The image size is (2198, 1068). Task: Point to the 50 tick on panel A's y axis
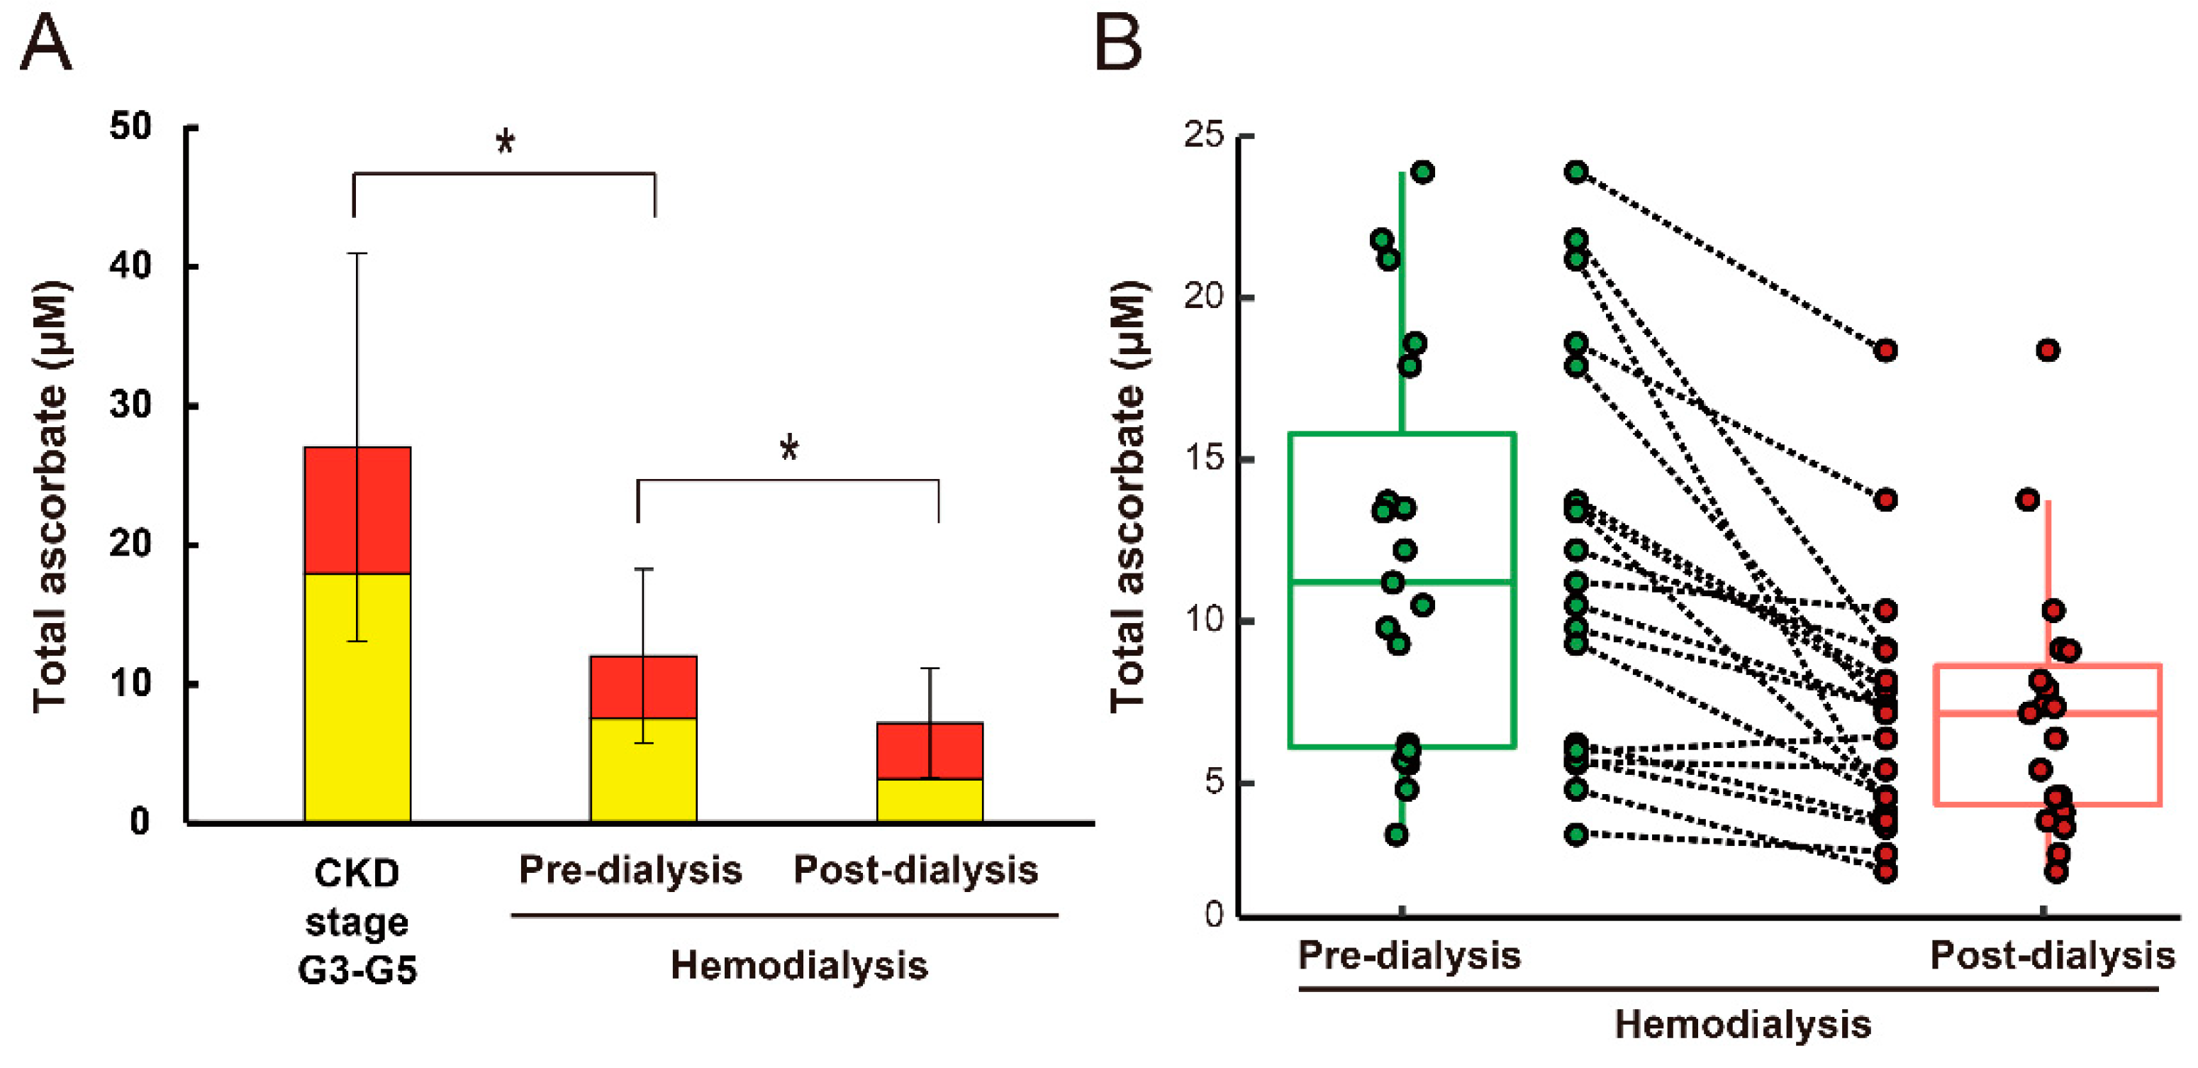coord(130,126)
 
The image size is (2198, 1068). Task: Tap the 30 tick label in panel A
coord(130,404)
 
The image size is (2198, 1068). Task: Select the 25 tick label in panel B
coord(1204,135)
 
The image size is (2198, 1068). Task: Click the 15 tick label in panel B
coord(1204,458)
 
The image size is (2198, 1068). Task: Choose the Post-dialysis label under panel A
coord(915,870)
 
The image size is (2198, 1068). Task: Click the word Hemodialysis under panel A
coord(798,966)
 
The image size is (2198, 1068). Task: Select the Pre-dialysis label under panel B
coord(1409,954)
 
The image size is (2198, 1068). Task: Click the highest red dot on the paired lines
coord(1886,350)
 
